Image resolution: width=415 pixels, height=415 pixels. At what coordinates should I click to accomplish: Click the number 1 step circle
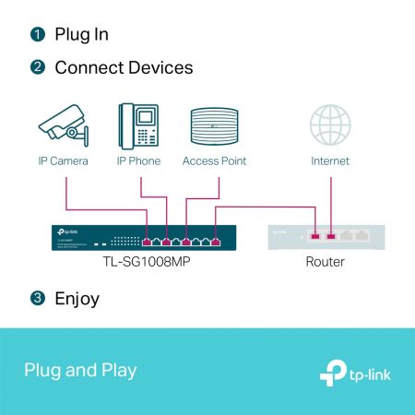[x=37, y=35]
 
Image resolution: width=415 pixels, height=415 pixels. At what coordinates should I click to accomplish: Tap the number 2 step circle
[x=37, y=68]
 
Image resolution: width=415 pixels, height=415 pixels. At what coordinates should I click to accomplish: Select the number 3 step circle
[x=37, y=299]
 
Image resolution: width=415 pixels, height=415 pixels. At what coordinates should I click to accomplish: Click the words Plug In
[x=81, y=35]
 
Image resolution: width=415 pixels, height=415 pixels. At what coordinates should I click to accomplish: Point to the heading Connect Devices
[x=124, y=68]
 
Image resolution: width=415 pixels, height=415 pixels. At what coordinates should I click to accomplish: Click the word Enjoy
[x=77, y=299]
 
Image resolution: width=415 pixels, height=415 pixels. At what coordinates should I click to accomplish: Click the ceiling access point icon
[x=214, y=126]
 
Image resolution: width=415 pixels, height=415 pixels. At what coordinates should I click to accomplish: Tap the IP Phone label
[x=138, y=161]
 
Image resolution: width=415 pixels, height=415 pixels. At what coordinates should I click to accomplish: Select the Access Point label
[x=214, y=161]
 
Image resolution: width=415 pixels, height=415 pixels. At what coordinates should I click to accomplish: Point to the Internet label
[x=330, y=161]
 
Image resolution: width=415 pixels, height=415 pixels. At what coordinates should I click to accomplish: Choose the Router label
[x=325, y=263]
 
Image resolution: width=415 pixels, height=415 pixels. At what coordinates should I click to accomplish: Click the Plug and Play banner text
[x=80, y=371]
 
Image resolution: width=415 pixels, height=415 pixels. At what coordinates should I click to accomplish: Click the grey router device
[x=325, y=237]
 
